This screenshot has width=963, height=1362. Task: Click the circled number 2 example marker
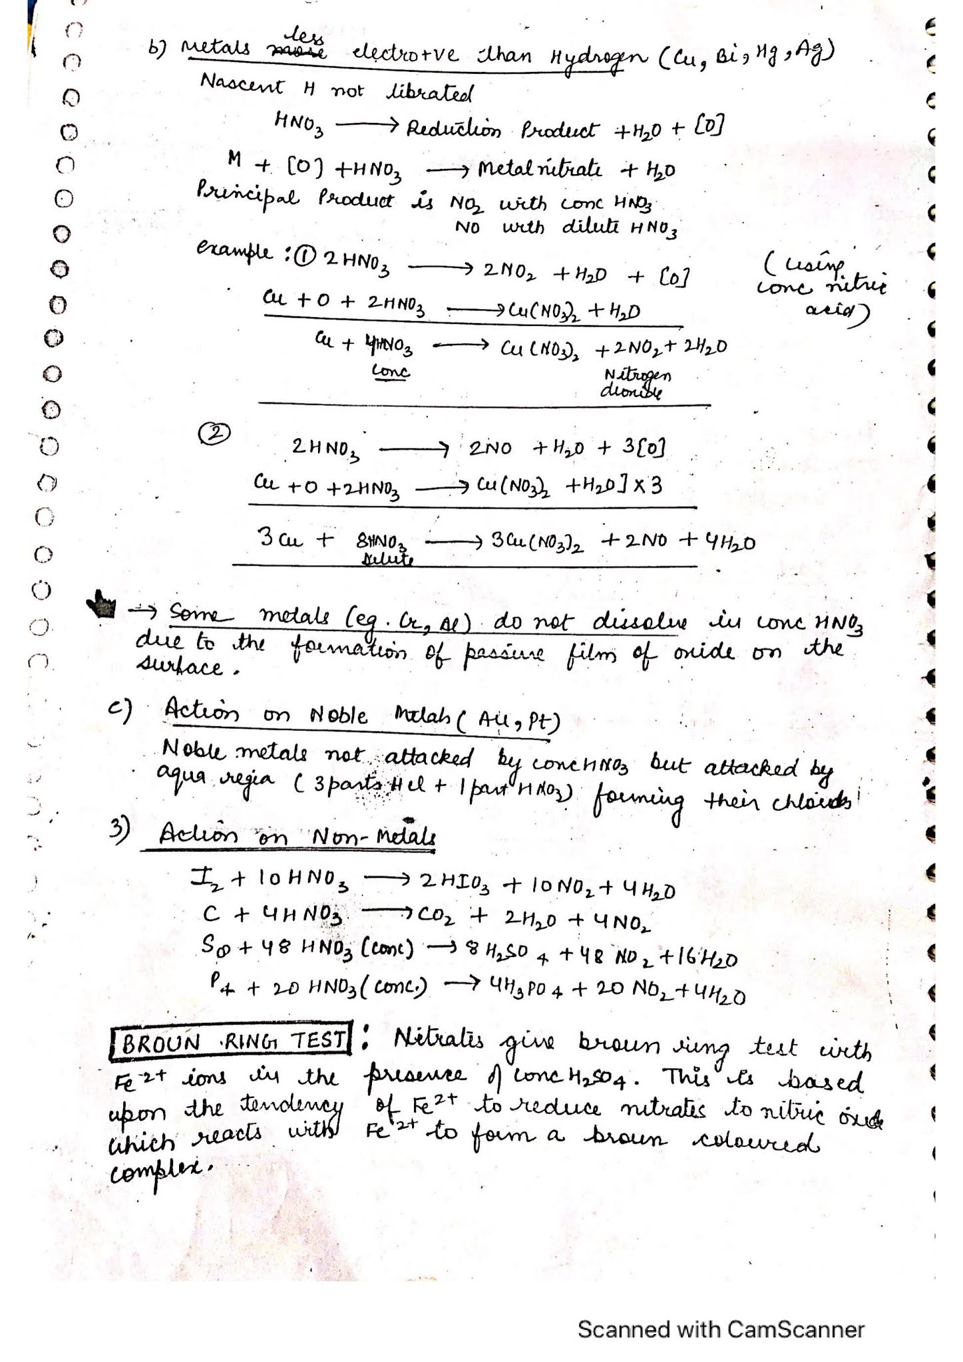click(x=214, y=434)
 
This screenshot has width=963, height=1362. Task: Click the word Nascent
click(x=242, y=86)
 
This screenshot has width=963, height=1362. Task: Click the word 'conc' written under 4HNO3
click(x=391, y=371)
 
